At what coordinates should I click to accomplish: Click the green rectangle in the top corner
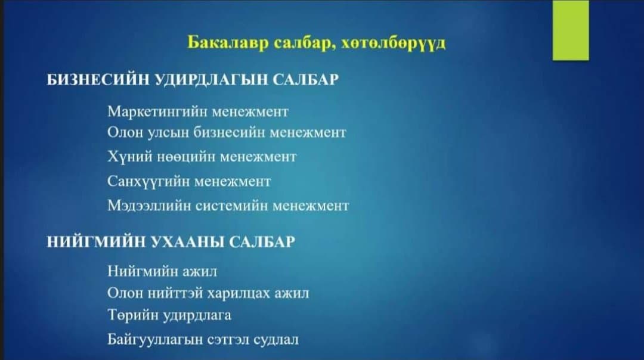point(571,30)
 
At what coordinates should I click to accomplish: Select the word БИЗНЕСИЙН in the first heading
point(98,79)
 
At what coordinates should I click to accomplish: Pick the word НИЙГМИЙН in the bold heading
point(97,242)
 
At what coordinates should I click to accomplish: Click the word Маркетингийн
point(157,112)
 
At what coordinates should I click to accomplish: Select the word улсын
point(167,133)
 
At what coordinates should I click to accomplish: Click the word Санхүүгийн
point(148,181)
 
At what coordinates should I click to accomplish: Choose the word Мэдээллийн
point(149,205)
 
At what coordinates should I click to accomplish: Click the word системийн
point(231,206)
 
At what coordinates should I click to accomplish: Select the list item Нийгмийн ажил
point(162,271)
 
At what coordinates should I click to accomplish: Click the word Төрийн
point(133,315)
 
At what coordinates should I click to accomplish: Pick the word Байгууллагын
point(155,340)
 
